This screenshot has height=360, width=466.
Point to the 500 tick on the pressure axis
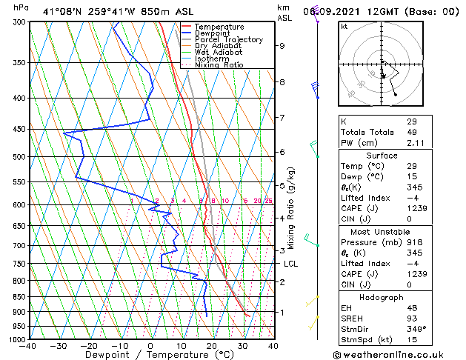click(x=16, y=157)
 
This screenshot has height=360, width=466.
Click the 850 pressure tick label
click(x=16, y=297)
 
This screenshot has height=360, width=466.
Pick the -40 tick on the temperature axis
click(x=28, y=346)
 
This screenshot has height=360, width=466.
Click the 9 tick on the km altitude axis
click(x=282, y=46)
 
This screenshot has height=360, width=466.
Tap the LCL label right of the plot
click(x=290, y=264)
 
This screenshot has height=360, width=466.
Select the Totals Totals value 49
click(x=412, y=133)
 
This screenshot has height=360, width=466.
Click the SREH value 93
click(x=412, y=318)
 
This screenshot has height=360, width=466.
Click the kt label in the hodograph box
click(x=344, y=27)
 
